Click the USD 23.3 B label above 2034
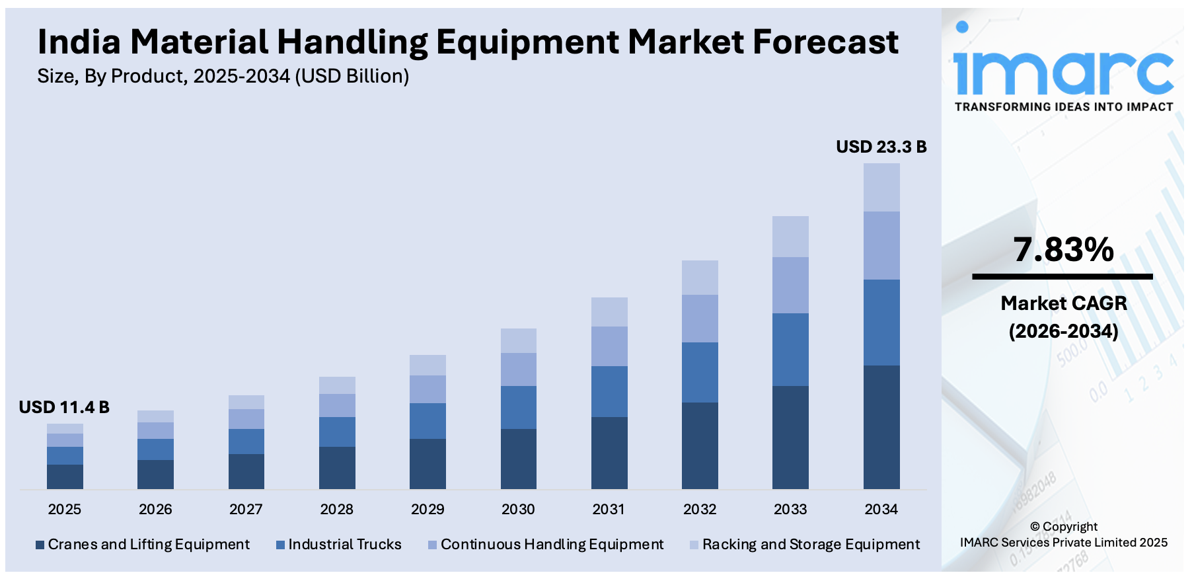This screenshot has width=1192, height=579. coord(881,147)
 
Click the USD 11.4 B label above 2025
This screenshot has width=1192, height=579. coord(64,407)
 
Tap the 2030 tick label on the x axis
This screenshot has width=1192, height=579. coord(518,510)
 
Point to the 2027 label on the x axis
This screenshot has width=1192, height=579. coord(246,510)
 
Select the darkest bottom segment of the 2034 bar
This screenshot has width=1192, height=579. coord(881,427)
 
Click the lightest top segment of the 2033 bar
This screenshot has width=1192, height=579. coord(790,237)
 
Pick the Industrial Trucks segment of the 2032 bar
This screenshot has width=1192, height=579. coord(700,372)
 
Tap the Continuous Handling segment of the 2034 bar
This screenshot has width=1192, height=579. coord(881,245)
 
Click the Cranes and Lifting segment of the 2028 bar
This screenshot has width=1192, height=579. coord(337,467)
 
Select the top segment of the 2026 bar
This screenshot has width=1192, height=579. coord(155,416)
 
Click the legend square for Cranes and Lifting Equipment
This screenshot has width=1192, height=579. coord(40,545)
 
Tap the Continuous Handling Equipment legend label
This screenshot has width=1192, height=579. coord(552,545)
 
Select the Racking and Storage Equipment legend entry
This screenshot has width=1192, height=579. coord(811,545)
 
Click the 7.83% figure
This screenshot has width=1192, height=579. coord(1063,250)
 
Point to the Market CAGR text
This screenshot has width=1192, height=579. coord(1063,303)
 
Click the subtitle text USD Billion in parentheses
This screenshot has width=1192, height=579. coord(352,77)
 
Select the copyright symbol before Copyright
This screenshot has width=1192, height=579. coord(1035,527)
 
